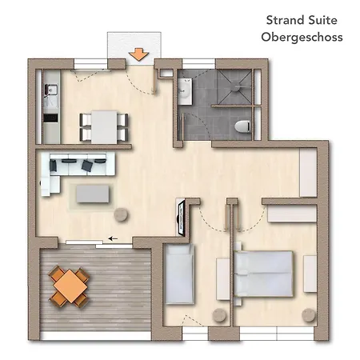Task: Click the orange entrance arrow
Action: (x=138, y=54)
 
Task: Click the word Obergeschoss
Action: (x=302, y=37)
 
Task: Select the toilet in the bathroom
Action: (x=242, y=126)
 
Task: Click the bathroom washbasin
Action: (x=185, y=91)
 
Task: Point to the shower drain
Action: (x=236, y=87)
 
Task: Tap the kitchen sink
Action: (x=51, y=90)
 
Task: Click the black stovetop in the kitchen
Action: (x=50, y=118)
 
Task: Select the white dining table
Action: (x=104, y=127)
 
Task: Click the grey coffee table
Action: (x=93, y=194)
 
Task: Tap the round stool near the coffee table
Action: (x=121, y=214)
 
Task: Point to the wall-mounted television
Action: (x=181, y=218)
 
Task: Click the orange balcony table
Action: (x=70, y=286)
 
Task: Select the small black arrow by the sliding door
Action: (x=113, y=238)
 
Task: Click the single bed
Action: (x=179, y=274)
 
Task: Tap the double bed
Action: (x=263, y=274)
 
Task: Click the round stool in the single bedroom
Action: (x=219, y=315)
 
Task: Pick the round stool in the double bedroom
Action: (x=309, y=315)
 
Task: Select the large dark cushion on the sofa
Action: (x=87, y=166)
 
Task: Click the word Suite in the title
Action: (x=322, y=20)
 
